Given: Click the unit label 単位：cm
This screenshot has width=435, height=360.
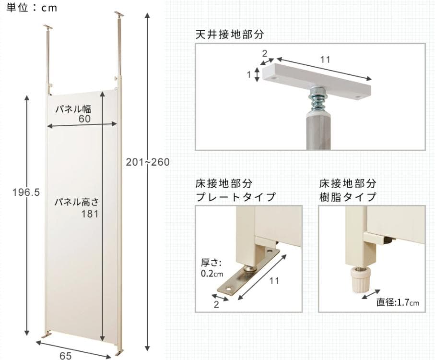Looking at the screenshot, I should coord(32,8).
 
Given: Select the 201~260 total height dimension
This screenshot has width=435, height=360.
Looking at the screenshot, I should coord(148,163).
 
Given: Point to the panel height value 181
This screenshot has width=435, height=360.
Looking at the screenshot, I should coord(90,214).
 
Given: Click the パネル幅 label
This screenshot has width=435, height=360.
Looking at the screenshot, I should coord(72,108).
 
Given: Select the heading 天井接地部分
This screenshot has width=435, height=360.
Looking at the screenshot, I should coord(230,35).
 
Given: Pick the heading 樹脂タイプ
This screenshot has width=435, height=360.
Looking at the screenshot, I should coord(348,197).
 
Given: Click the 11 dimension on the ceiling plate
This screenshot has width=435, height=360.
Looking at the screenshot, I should coord(325,60).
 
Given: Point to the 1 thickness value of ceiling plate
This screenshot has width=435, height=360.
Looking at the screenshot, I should coord(249,74).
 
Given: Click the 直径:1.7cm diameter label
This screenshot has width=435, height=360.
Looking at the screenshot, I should coord(398,302).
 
